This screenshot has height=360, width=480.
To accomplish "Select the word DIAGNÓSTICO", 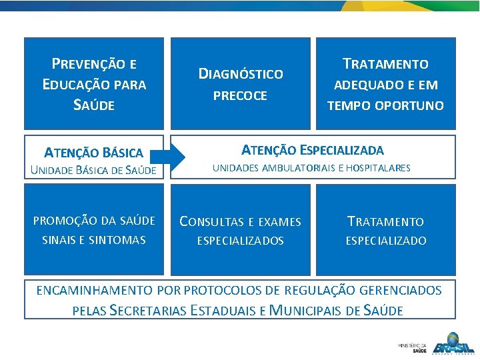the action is coord(241,73).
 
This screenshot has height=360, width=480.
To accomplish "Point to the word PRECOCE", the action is coord(240,96).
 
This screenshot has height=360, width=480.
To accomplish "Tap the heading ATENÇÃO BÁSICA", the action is coord(94,153).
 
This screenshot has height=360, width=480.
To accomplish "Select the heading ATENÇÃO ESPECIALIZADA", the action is coord(312,150).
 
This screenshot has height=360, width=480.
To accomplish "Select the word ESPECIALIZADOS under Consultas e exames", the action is coord(241,241).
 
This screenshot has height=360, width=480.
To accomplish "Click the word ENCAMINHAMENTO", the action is coord(94,290).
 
